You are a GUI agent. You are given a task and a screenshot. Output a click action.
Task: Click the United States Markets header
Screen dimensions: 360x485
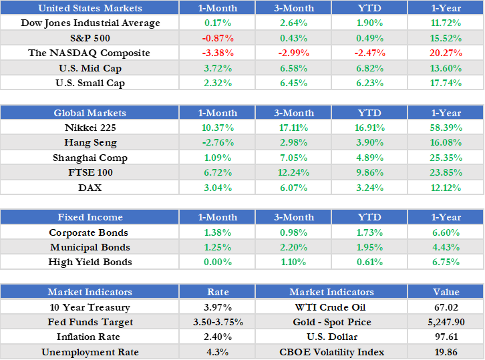click(x=90, y=8)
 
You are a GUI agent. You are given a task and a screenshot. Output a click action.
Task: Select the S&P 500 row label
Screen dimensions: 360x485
click(x=90, y=38)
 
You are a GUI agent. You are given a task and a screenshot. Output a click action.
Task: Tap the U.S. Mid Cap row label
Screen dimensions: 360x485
click(x=90, y=67)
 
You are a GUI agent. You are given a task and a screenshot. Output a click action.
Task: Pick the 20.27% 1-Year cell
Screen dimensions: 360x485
click(x=446, y=53)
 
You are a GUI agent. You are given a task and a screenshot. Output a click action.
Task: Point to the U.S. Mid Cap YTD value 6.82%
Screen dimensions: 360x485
click(x=369, y=67)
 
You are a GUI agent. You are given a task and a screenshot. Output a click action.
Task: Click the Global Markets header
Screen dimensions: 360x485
click(x=90, y=113)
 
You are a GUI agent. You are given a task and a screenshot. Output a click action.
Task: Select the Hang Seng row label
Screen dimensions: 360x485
click(x=90, y=142)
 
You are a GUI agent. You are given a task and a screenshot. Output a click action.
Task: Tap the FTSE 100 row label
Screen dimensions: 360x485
click(x=90, y=172)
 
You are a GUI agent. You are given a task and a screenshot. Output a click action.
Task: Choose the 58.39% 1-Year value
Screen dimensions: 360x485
click(x=446, y=128)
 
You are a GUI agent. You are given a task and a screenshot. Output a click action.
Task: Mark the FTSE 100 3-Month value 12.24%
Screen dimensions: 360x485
click(x=293, y=172)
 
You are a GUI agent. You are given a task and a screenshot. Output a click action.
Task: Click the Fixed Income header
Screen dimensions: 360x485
click(x=90, y=217)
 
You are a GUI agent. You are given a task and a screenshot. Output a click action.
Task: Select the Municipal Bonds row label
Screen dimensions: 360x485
click(x=90, y=247)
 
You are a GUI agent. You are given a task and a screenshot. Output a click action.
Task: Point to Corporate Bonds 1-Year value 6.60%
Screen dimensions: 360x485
click(x=446, y=232)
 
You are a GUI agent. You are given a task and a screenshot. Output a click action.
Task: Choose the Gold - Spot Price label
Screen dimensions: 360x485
click(x=331, y=322)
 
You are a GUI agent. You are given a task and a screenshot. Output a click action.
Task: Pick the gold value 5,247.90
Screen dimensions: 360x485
click(x=446, y=322)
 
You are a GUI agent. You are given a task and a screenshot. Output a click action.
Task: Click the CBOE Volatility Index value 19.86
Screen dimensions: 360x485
click(x=446, y=352)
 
